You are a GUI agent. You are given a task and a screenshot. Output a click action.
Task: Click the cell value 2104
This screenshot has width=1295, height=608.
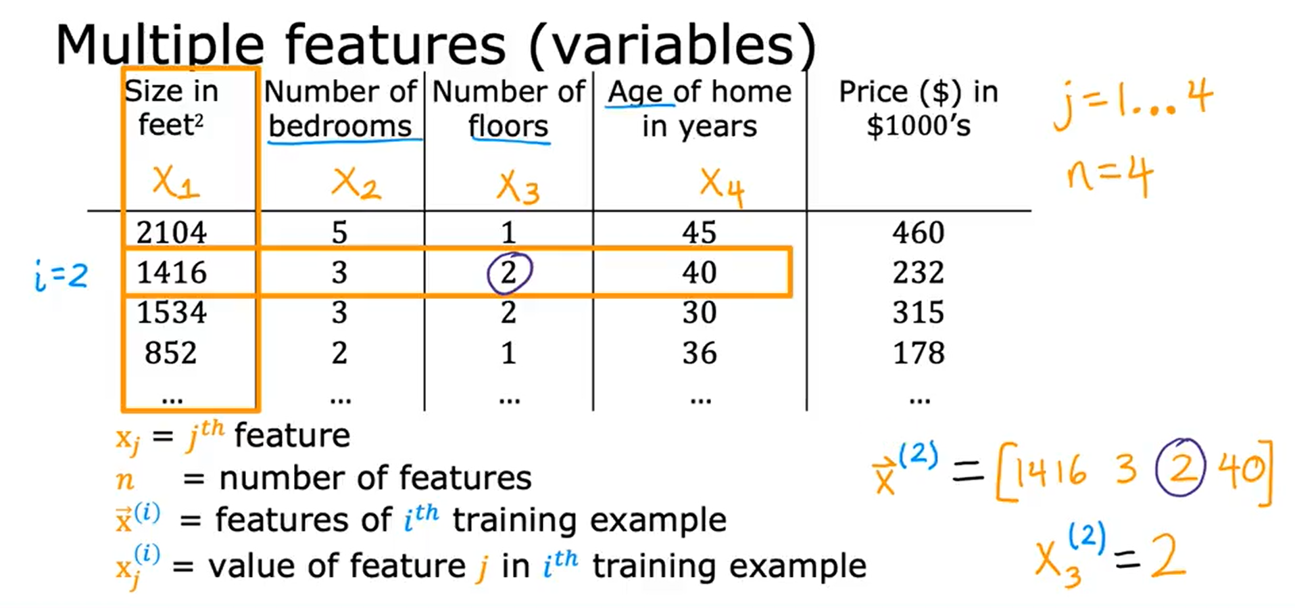coord(172,233)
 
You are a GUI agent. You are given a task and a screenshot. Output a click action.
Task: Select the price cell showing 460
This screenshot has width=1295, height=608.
coord(918,233)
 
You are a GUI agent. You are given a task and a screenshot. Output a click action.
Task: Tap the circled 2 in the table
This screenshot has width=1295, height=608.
coord(509,273)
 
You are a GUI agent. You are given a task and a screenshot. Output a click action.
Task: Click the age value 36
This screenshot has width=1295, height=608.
coord(699,353)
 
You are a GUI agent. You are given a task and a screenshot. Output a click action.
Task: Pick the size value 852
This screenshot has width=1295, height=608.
coord(170,353)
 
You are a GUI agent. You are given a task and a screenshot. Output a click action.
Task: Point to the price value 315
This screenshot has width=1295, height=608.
coord(918,312)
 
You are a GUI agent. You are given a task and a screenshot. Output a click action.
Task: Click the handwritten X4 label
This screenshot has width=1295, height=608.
coord(722,187)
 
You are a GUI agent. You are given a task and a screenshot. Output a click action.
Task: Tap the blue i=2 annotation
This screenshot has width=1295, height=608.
coord(61,276)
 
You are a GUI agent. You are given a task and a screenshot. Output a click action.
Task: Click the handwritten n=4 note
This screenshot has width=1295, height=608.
coord(1108,176)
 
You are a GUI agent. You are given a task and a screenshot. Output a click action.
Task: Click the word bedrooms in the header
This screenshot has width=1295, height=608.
coord(340,126)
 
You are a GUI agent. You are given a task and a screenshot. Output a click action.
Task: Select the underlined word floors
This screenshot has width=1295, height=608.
coord(508,126)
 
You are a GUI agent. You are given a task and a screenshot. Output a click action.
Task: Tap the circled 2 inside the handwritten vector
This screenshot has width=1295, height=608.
coord(1180,467)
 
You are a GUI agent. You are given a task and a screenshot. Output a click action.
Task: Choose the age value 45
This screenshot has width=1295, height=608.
coord(699,233)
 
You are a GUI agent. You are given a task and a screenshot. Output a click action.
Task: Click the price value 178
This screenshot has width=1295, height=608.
coord(918,353)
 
